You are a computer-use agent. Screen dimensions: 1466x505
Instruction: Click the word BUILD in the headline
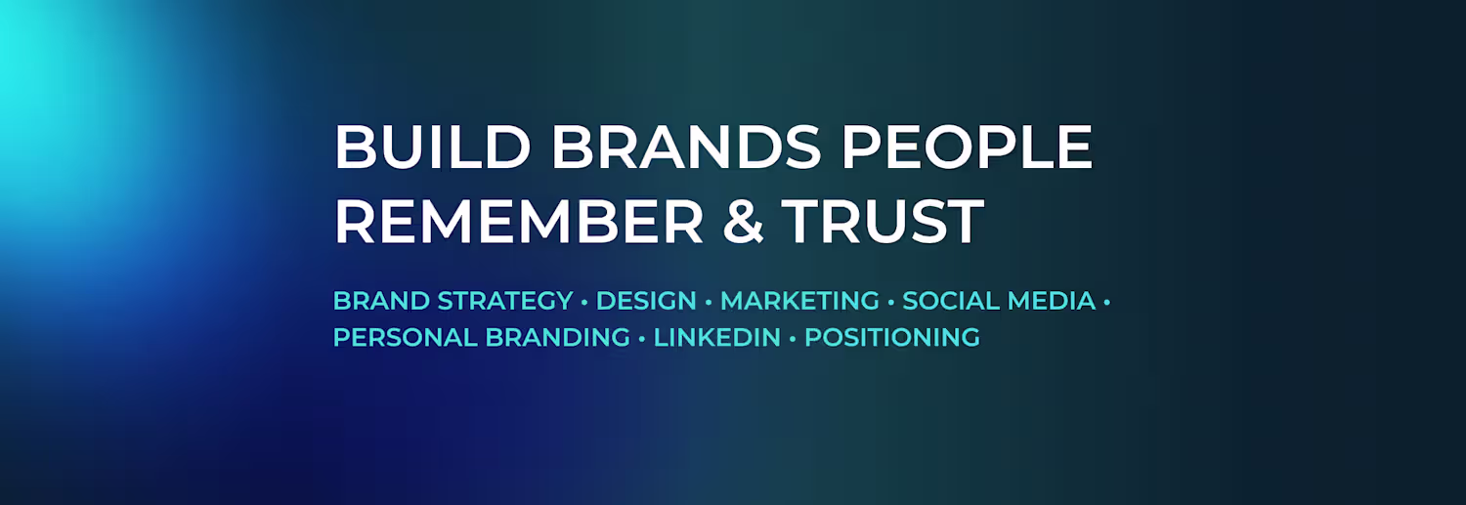432,147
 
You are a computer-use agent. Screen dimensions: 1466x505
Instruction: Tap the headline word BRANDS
686,147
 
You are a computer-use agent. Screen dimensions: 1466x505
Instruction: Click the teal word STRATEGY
505,301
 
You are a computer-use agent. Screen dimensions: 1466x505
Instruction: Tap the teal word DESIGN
646,301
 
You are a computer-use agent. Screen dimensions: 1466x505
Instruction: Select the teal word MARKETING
799,301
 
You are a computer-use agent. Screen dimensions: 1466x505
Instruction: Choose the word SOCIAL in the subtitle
951,301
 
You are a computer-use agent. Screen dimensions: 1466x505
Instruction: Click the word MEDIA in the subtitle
1051,301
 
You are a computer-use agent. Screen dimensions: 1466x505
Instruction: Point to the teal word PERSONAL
406,338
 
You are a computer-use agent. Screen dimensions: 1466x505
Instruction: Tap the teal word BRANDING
558,338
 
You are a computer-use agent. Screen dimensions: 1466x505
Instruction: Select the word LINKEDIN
717,338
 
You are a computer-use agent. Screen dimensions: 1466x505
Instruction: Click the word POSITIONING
892,338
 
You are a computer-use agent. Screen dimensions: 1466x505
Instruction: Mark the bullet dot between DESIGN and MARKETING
709,303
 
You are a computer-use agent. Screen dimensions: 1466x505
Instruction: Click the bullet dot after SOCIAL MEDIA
1107,303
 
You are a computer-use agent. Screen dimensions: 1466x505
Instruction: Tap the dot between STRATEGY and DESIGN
584,303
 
